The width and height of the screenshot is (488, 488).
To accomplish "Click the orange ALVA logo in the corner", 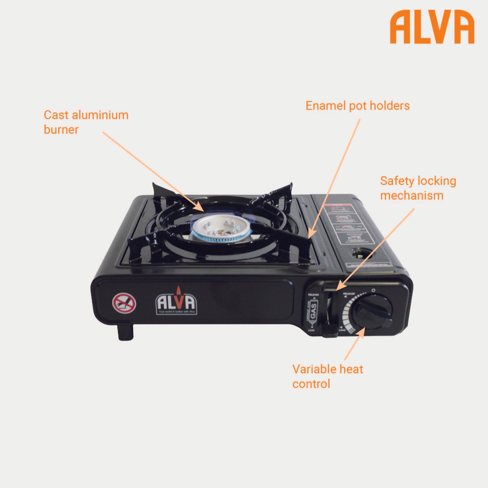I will [432, 27].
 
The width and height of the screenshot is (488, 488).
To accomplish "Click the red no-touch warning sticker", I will [124, 303].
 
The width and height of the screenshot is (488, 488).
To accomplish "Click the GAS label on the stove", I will [313, 310].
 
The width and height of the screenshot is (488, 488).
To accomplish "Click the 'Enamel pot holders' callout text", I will [357, 106].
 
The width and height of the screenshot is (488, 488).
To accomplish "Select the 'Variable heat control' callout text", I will [328, 376].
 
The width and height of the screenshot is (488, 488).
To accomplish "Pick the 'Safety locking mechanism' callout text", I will [418, 188].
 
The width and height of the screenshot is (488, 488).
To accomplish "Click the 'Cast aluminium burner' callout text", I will [86, 122].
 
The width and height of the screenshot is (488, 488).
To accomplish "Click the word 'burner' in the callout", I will [61, 130].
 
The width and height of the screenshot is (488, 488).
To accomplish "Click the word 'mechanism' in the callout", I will [412, 195].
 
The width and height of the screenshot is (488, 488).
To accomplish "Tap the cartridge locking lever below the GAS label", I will [329, 331].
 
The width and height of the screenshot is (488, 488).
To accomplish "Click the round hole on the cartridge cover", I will [359, 253].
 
